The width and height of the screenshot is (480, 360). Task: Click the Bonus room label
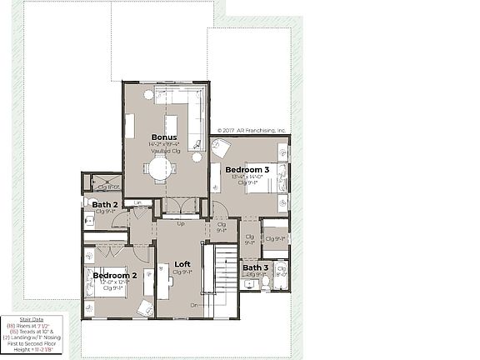click(163, 137)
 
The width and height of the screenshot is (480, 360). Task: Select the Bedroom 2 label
click(114, 275)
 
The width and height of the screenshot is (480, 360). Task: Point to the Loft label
click(182, 264)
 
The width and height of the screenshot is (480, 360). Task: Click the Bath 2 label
click(105, 204)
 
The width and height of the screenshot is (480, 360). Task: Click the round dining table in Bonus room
click(160, 167)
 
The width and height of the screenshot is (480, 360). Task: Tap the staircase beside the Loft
click(225, 279)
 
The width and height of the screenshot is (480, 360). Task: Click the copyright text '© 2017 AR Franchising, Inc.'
click(252, 131)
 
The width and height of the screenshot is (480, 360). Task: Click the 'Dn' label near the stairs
click(194, 306)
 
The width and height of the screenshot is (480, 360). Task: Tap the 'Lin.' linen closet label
click(138, 202)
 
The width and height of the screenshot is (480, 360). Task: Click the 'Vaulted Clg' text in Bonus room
click(163, 150)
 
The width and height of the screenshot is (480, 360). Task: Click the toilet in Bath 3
click(265, 282)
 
